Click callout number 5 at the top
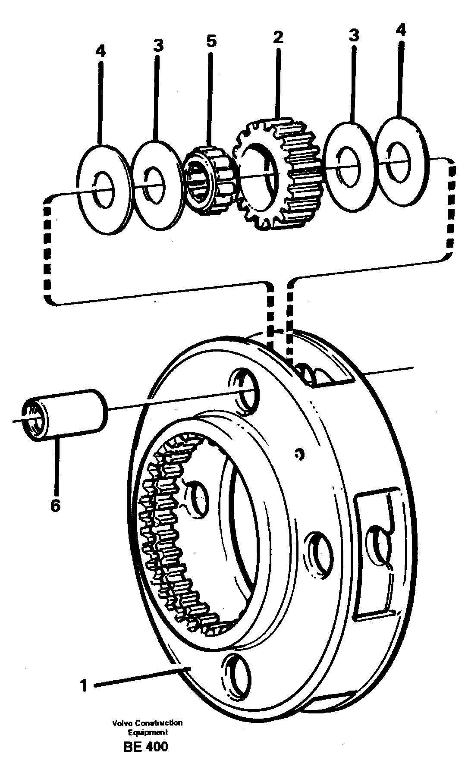(211, 42)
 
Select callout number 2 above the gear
(278, 37)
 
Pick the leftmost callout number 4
(100, 52)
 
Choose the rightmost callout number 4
(401, 30)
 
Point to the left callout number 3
(158, 46)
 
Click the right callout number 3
(353, 36)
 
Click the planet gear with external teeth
(276, 175)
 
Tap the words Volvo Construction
(147, 722)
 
